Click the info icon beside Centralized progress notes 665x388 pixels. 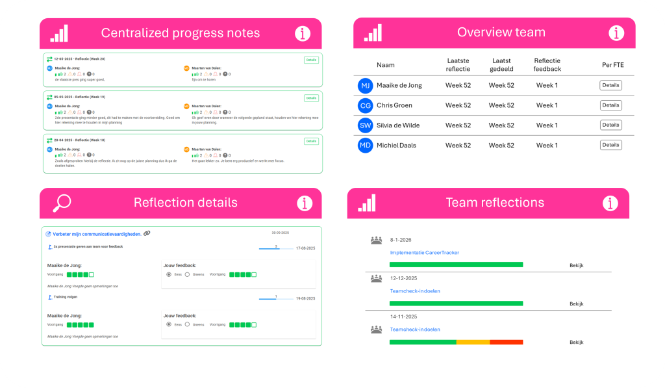pyautogui.click(x=303, y=33)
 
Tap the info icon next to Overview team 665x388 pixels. pyautogui.click(x=616, y=33)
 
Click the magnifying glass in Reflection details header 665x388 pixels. pyautogui.click(x=62, y=203)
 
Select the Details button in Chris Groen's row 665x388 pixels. pyautogui.click(x=610, y=105)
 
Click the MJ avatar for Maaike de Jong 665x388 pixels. pyautogui.click(x=366, y=85)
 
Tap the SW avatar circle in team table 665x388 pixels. pyautogui.click(x=366, y=125)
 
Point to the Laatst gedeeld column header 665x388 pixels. pyautogui.click(x=501, y=65)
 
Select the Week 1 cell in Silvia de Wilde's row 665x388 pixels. pyautogui.click(x=547, y=125)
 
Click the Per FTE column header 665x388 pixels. pyautogui.click(x=612, y=65)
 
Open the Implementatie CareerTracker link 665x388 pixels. pyautogui.click(x=424, y=253)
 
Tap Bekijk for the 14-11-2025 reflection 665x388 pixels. pyautogui.click(x=577, y=342)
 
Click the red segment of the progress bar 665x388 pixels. pyautogui.click(x=506, y=342)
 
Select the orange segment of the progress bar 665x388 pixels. pyautogui.click(x=473, y=342)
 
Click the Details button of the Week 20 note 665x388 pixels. pyautogui.click(x=311, y=60)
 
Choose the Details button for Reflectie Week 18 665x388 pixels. pyautogui.click(x=311, y=141)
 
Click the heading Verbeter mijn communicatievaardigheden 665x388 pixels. pyautogui.click(x=97, y=233)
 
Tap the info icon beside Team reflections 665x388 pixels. pyautogui.click(x=610, y=203)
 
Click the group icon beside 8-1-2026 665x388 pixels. pyautogui.click(x=377, y=240)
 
